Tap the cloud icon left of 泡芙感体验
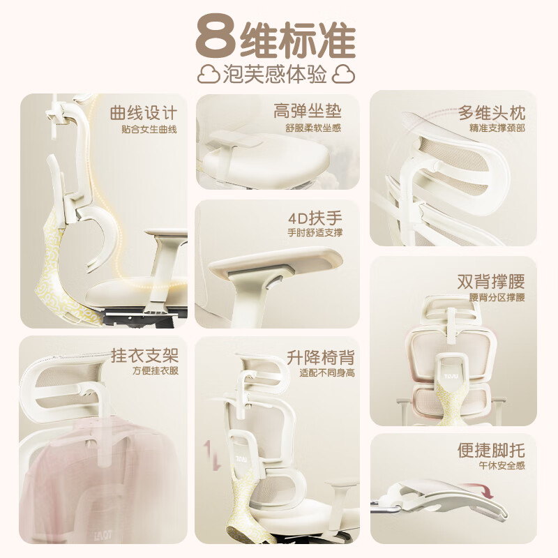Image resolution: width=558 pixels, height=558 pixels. (x=208, y=74)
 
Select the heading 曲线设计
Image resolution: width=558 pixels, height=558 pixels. (x=143, y=113)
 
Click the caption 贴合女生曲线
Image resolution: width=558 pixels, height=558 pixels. (x=149, y=130)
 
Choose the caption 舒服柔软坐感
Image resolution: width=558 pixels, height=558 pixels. (x=313, y=128)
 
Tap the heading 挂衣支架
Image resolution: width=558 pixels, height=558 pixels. (x=144, y=354)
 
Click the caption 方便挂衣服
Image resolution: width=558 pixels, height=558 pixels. (x=156, y=371)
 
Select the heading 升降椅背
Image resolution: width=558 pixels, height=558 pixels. (x=321, y=357)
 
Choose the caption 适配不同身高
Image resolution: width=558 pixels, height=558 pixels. (x=327, y=373)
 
